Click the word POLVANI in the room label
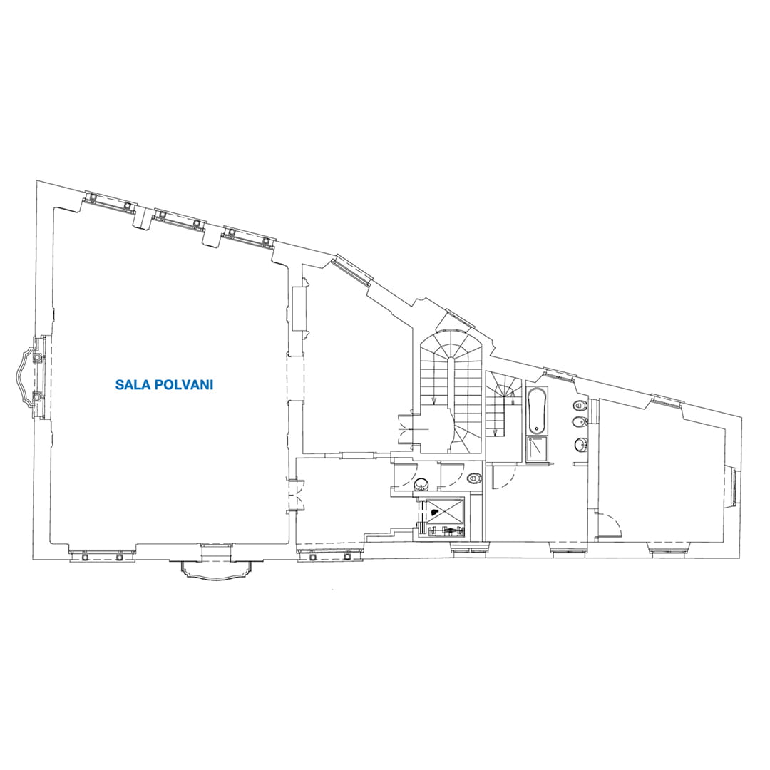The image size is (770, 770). (184, 384)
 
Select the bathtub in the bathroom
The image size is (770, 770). (537, 411)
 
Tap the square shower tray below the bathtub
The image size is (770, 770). (537, 449)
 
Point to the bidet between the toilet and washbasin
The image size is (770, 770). (579, 423)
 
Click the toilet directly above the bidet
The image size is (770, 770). (580, 406)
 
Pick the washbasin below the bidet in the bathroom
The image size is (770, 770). (581, 444)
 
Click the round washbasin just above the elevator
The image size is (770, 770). (422, 485)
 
